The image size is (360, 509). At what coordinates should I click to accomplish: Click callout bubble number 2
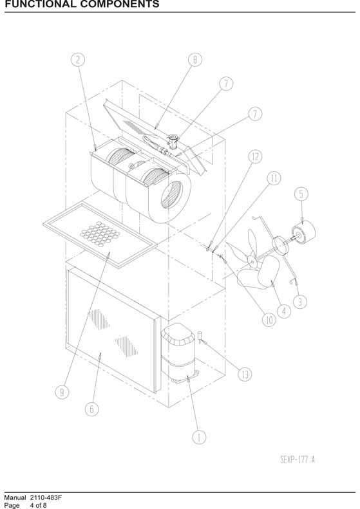tap(78, 60)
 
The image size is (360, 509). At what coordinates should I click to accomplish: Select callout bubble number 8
tap(195, 60)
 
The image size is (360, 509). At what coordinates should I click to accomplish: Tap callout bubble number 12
tap(256, 156)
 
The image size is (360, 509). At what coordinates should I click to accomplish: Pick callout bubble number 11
tap(274, 178)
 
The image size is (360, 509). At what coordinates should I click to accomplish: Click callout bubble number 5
tap(301, 194)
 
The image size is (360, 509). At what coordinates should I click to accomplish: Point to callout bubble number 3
tap(300, 302)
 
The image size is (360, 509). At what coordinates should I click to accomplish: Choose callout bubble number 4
tap(284, 311)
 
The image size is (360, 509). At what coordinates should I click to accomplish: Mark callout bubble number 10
tap(269, 320)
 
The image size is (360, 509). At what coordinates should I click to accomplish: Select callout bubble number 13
tap(245, 375)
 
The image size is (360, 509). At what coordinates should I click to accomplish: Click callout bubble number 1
tap(199, 438)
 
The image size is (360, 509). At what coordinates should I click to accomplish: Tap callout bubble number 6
tap(91, 409)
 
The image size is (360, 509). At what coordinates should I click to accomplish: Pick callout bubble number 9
tap(62, 392)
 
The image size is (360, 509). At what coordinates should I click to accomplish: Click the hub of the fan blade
tap(251, 260)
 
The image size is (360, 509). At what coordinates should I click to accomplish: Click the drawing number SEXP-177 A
tap(298, 459)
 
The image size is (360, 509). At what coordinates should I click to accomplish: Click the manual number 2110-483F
tap(46, 497)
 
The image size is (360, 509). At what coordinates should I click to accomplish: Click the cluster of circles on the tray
tap(100, 234)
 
